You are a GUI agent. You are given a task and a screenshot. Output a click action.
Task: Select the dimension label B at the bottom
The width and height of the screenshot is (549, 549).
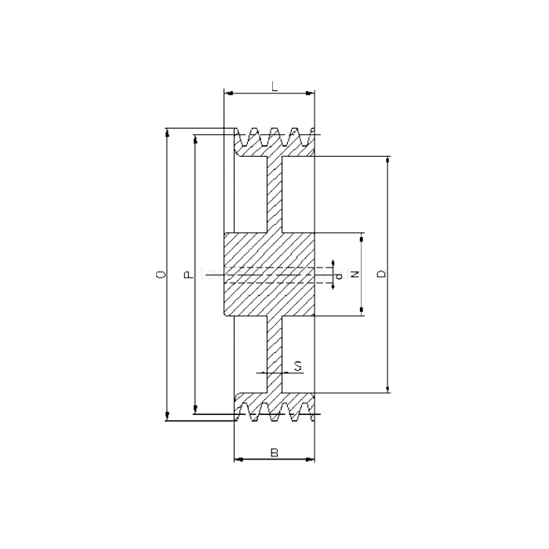click(274, 452)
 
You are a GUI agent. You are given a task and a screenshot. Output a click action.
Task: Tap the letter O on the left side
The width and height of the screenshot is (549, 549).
click(161, 274)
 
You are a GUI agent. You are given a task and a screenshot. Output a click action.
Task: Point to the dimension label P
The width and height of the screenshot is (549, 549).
click(187, 274)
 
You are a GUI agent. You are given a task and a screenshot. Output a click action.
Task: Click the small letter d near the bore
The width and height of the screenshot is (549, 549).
click(338, 275)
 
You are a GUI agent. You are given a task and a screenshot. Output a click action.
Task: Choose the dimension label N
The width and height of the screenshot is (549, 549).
click(354, 274)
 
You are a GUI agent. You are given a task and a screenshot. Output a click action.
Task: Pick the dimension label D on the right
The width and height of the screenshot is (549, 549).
click(381, 274)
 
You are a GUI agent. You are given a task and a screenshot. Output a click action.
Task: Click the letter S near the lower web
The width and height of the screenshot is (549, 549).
click(297, 365)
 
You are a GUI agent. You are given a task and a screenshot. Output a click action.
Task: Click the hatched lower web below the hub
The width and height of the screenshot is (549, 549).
click(274, 353)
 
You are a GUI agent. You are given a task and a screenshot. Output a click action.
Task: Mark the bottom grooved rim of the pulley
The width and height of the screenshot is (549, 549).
click(274, 409)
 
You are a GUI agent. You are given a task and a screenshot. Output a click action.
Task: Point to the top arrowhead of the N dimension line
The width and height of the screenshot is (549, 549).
click(362, 238)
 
